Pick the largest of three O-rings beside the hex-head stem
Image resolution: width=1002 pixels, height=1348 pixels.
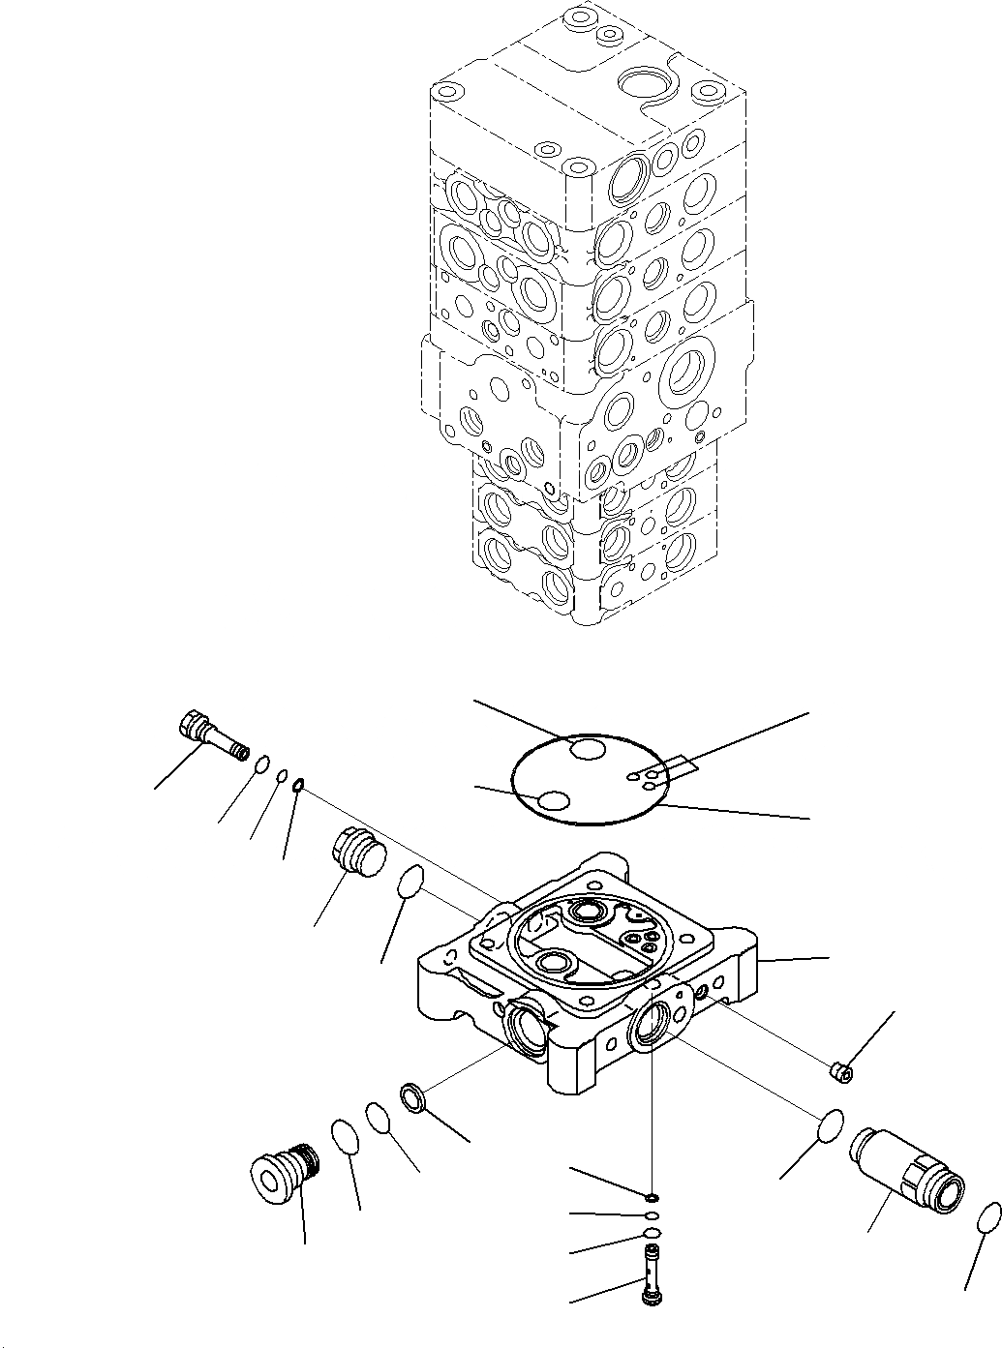point(260,767)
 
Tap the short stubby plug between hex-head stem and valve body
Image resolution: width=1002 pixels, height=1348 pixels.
point(358,855)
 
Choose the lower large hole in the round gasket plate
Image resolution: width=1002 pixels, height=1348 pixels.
point(555,800)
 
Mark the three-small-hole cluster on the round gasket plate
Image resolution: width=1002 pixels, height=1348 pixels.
point(647,777)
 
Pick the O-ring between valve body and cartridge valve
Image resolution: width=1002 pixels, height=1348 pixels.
point(831,1126)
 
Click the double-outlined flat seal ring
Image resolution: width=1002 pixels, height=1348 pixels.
point(414,1098)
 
